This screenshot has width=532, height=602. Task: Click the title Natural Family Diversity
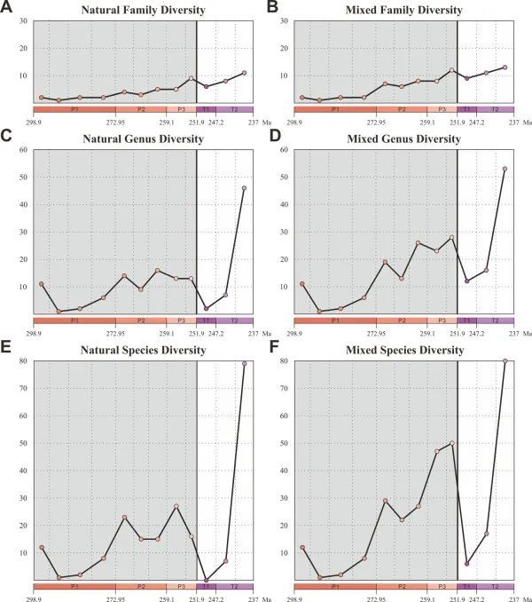(143, 10)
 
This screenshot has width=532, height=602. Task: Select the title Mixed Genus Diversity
(403, 139)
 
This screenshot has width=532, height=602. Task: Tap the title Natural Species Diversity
(143, 351)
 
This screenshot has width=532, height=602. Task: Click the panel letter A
(8, 9)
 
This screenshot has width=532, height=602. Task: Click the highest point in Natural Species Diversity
(244, 363)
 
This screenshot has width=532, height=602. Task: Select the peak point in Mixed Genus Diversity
(505, 169)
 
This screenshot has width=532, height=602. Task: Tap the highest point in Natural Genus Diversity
(244, 188)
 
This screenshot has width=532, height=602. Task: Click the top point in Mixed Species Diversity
(505, 360)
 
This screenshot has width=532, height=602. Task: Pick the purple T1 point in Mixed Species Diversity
(467, 564)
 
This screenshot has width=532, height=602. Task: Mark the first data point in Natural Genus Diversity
(42, 284)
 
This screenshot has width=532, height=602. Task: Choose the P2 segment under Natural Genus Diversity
(141, 320)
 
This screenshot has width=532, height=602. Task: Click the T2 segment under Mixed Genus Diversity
(495, 320)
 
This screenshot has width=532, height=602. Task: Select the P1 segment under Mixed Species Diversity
(335, 586)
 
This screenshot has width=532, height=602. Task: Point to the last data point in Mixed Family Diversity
(505, 67)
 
